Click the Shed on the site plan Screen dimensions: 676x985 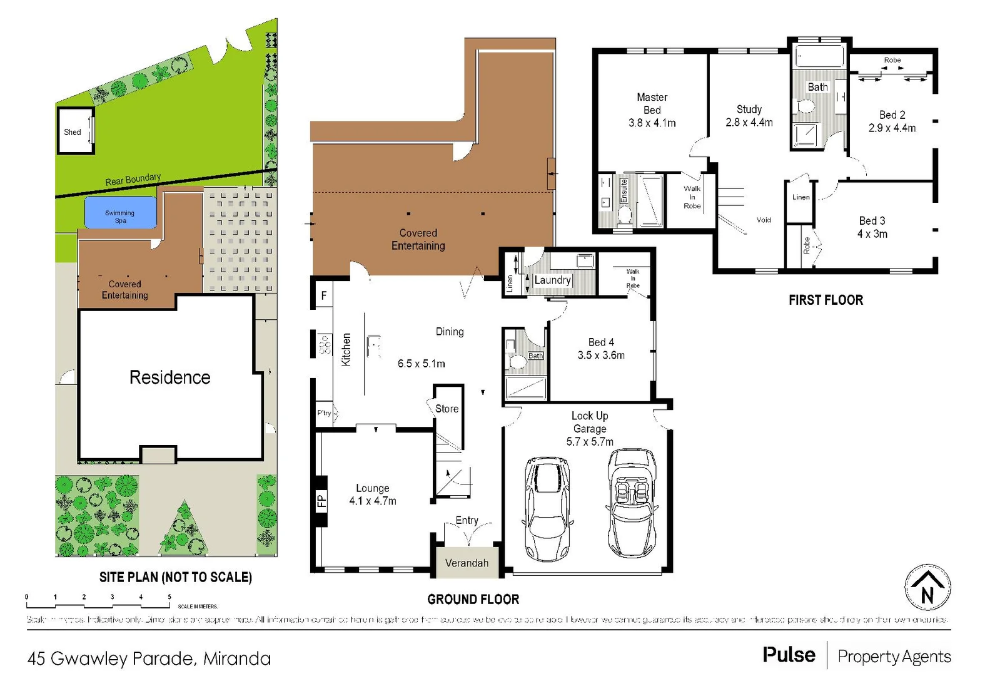tap(73, 131)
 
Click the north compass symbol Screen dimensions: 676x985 tap(927, 588)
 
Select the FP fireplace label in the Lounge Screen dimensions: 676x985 tap(321, 500)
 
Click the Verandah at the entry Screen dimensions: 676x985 tap(467, 563)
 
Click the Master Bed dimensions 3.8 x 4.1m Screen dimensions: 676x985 tap(652, 123)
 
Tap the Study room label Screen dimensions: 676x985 tap(749, 109)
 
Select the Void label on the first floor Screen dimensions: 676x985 tap(764, 220)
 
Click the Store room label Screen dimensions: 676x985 tap(447, 409)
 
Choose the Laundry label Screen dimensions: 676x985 tap(552, 280)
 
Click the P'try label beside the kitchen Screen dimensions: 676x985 tap(324, 413)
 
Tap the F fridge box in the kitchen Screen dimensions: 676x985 tap(324, 295)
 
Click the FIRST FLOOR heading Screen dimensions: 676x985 tap(826, 300)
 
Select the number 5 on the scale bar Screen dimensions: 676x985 tap(169, 597)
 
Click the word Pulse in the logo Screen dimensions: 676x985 tap(789, 655)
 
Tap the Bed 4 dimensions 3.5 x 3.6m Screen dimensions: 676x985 tap(601, 356)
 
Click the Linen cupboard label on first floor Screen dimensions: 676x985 tap(801, 197)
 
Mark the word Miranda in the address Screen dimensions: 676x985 tap(237, 658)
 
